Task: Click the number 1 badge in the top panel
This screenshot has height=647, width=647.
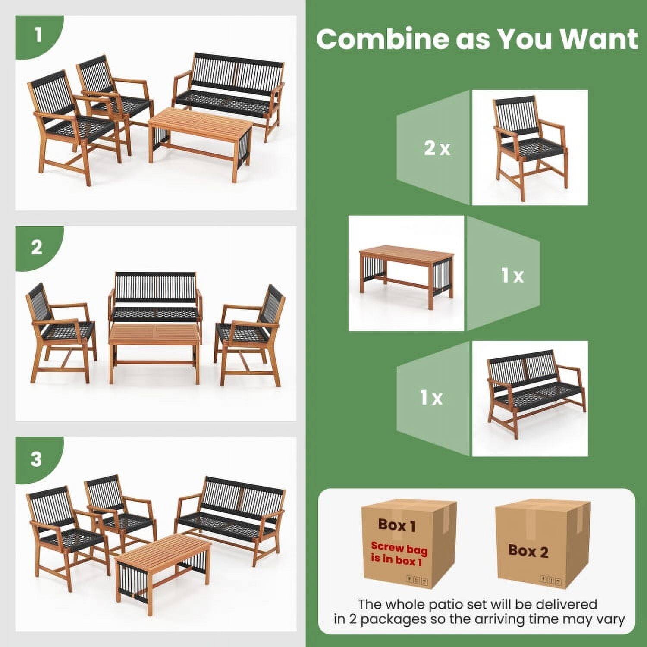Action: pyautogui.click(x=38, y=35)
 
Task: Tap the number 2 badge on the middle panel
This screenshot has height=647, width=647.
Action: pyautogui.click(x=37, y=248)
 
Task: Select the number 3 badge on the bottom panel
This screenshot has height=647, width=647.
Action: pyautogui.click(x=37, y=459)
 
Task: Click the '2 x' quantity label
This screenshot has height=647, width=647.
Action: pyautogui.click(x=437, y=148)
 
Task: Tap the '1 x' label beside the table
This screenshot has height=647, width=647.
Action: pyautogui.click(x=512, y=275)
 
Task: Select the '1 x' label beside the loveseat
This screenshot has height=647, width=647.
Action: pyautogui.click(x=431, y=397)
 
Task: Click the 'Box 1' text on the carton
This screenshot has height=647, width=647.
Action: pyautogui.click(x=397, y=525)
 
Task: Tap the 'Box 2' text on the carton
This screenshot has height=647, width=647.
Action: pyautogui.click(x=528, y=551)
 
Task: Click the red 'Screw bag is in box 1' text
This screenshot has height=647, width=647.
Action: pyautogui.click(x=399, y=553)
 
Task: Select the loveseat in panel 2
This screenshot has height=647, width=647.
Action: pyautogui.click(x=155, y=298)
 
